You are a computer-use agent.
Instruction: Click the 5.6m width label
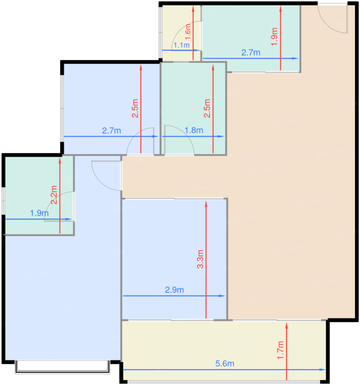(225, 364)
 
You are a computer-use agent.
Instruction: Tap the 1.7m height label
(281, 350)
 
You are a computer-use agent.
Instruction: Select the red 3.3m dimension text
(200, 259)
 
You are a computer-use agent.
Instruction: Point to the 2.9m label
(174, 290)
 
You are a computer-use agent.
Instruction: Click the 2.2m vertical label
(54, 195)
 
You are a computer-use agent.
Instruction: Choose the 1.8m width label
(194, 130)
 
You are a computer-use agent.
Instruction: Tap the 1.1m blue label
(181, 45)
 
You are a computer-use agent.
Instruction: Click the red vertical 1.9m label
(274, 37)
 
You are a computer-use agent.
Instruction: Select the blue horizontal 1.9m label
(39, 213)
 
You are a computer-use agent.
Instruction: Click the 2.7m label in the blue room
(111, 131)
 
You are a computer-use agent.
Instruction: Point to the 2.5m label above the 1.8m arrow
(207, 108)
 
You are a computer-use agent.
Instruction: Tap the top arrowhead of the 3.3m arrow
(206, 204)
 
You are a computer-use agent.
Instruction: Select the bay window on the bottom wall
(62, 367)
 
